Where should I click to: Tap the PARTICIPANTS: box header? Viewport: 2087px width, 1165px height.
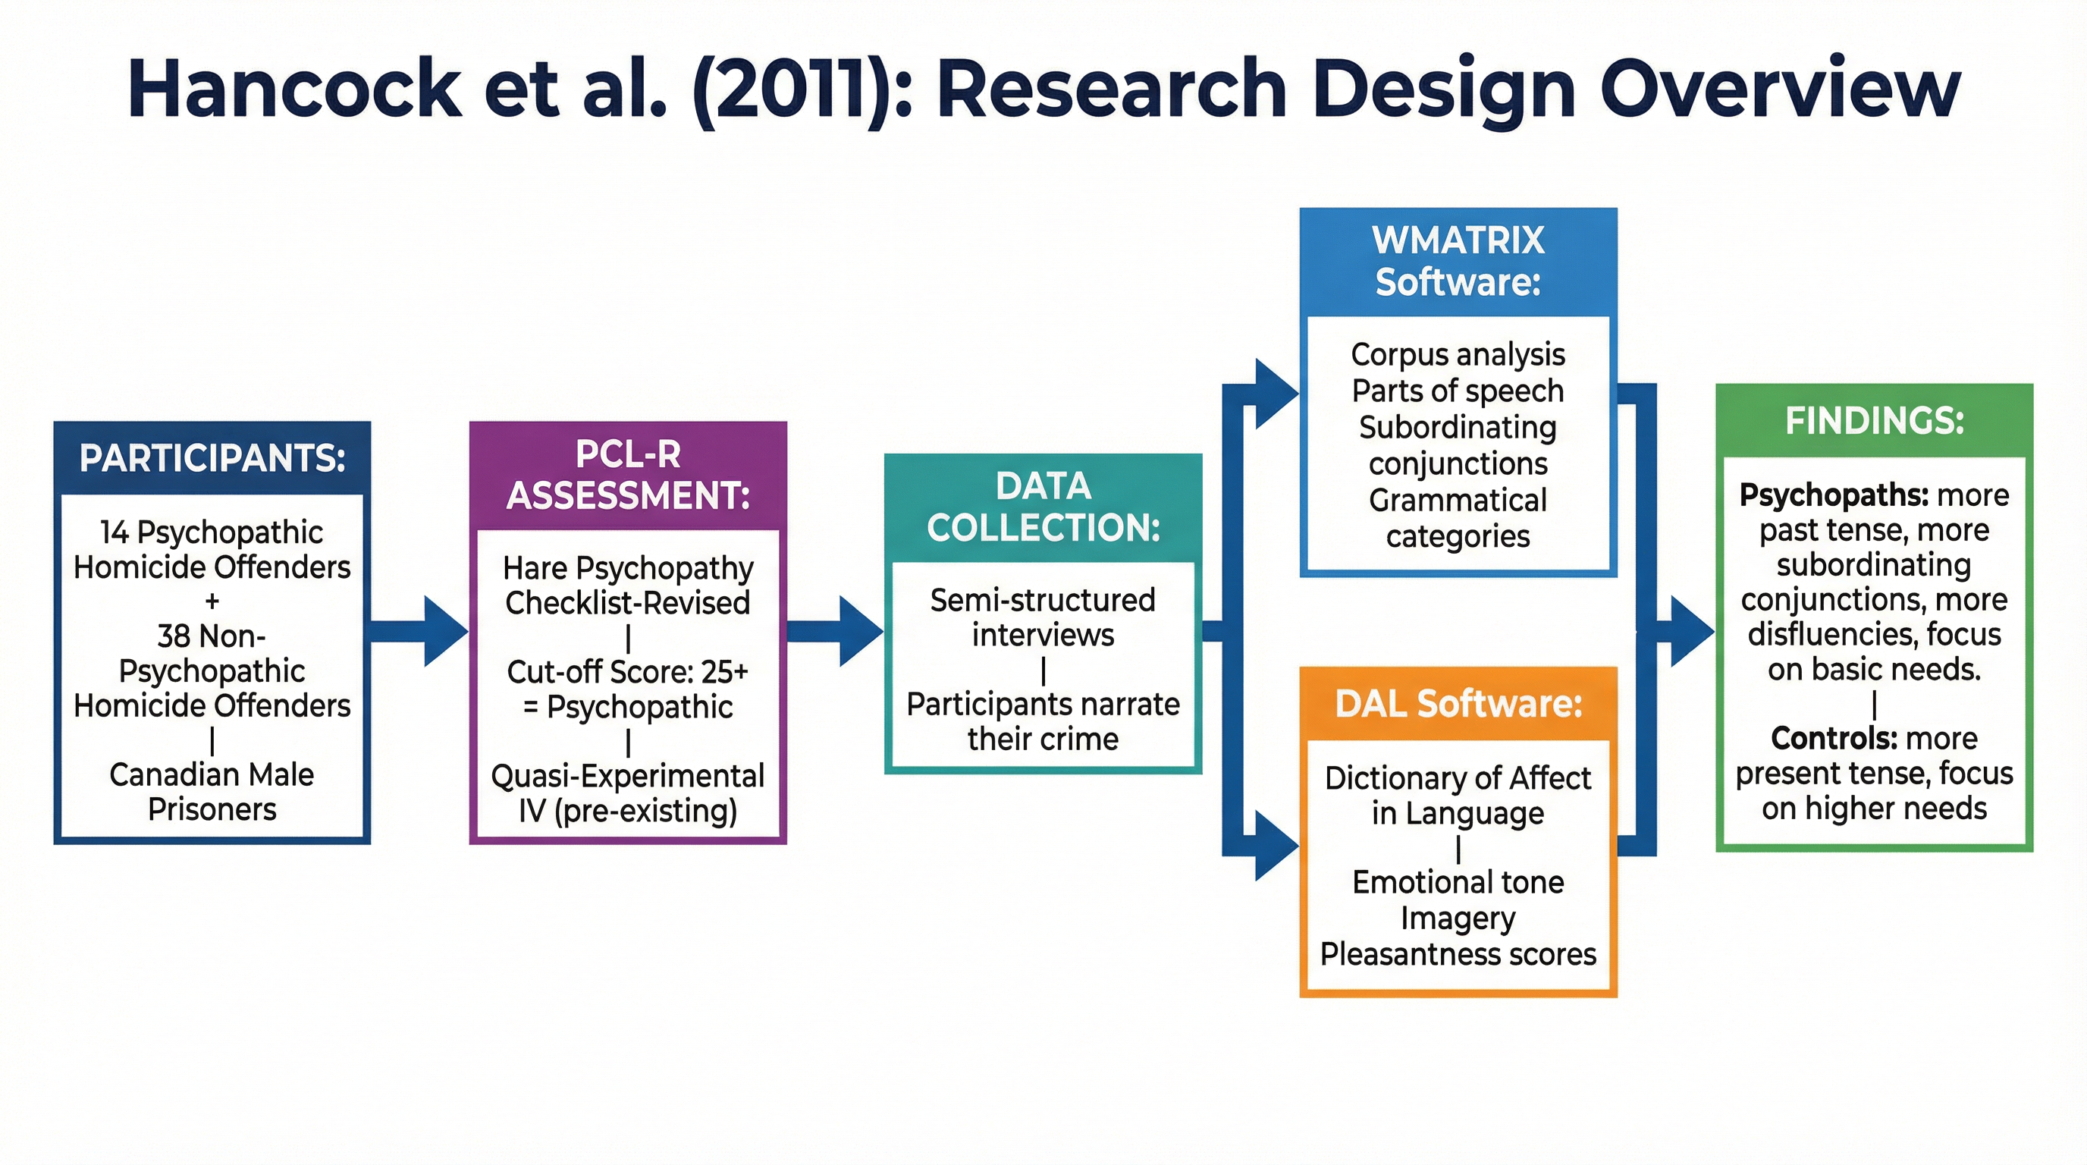(x=212, y=459)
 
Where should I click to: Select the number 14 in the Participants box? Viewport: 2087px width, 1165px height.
(x=115, y=532)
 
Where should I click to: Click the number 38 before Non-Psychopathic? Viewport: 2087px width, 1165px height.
(x=173, y=636)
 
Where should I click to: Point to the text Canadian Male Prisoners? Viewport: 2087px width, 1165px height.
(x=212, y=792)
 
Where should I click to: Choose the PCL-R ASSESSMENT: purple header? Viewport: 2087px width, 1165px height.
(x=628, y=475)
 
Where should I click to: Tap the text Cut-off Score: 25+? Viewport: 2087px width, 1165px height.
(x=628, y=671)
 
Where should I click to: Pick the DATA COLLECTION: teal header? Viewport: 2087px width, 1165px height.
(x=1043, y=507)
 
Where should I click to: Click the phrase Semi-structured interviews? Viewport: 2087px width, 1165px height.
(x=1043, y=617)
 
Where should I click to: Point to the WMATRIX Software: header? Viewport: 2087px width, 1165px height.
(x=1458, y=261)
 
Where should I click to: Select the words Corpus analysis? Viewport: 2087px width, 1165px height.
(x=1458, y=355)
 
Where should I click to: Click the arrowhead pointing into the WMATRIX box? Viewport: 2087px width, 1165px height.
(x=1276, y=394)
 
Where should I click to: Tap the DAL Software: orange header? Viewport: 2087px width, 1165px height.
(x=1458, y=703)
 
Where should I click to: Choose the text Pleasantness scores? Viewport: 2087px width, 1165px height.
(x=1458, y=954)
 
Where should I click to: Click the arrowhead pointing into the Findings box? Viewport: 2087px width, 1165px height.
(x=1692, y=631)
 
